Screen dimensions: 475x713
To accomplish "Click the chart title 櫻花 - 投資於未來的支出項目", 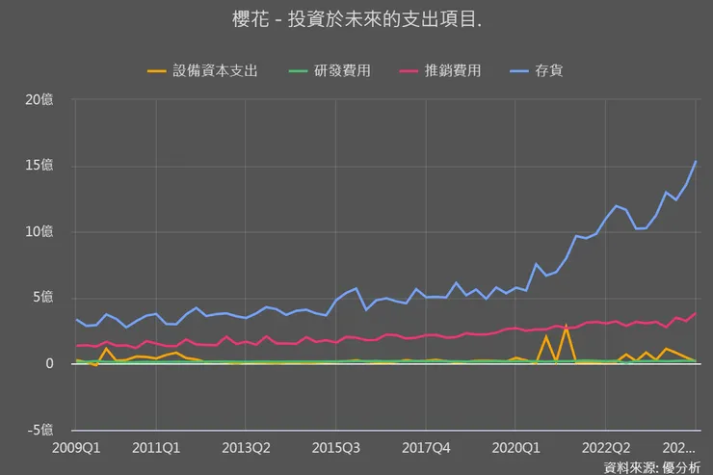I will click(x=356, y=20).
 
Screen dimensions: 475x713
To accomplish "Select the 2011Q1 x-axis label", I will click(x=156, y=448).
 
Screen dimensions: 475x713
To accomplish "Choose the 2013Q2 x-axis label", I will click(x=246, y=448).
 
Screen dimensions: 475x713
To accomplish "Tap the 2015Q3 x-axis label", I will click(x=336, y=448).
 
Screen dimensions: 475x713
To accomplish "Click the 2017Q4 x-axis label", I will click(x=426, y=448).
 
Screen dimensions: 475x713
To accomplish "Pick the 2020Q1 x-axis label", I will click(x=515, y=448).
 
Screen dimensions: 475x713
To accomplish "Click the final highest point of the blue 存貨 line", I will click(x=696, y=161).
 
